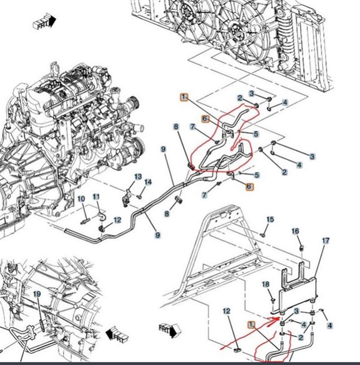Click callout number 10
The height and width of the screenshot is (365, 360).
point(81,199)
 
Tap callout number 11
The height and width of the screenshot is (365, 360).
point(96,197)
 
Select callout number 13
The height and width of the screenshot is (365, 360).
point(138,177)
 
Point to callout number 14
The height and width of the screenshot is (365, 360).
point(148,182)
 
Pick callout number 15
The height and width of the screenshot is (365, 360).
point(270,219)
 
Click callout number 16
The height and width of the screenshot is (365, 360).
point(295,231)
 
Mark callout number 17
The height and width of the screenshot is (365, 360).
point(326,240)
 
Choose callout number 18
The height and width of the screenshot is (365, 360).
point(266,285)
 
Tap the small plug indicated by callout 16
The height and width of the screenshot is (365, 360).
point(301,248)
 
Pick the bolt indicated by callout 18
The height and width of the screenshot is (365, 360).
point(272,300)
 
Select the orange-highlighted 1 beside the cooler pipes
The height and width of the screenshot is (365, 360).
point(250,324)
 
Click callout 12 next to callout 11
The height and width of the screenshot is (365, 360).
point(117,220)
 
